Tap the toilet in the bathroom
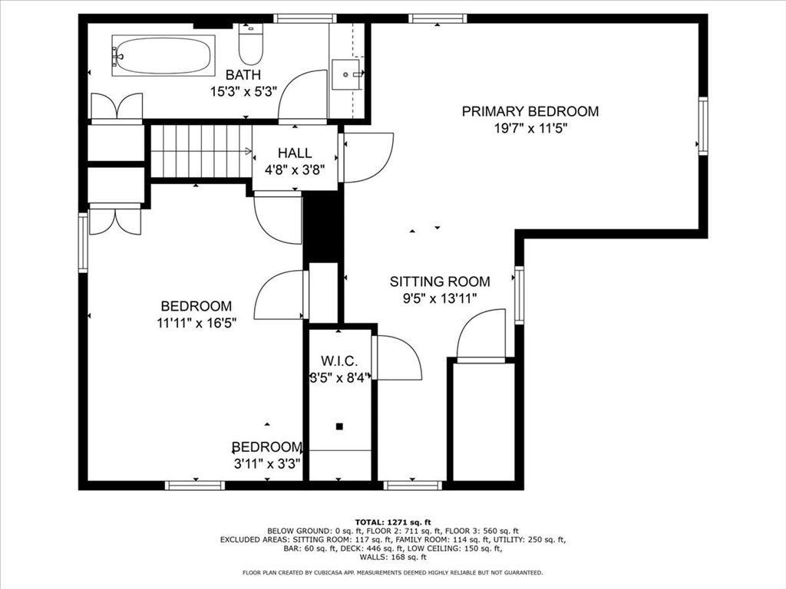[250, 44]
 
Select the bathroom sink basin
[346, 74]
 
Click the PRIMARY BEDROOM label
[530, 111]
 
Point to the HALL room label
[295, 153]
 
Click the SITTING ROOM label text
[440, 281]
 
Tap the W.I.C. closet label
[339, 360]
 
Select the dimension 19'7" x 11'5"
[530, 128]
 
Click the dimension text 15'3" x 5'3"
[243, 92]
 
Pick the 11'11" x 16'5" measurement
[196, 323]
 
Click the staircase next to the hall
[201, 151]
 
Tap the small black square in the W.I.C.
[339, 426]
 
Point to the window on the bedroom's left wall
[83, 242]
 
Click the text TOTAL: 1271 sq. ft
[393, 522]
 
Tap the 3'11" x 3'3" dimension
[267, 464]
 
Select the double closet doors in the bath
[116, 107]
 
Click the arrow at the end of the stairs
[248, 151]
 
